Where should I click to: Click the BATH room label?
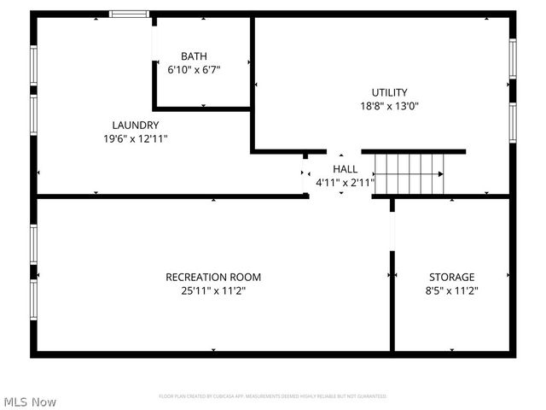click(194, 56)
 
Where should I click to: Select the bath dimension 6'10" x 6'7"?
click(194, 70)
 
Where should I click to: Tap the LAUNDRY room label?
click(135, 125)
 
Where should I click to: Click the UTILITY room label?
click(389, 92)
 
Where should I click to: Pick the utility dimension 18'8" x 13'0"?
click(389, 106)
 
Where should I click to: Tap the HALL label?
click(345, 168)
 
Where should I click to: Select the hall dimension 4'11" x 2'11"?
click(345, 182)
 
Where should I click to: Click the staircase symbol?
click(409, 173)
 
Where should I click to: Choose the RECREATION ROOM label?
click(213, 277)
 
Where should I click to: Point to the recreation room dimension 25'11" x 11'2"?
click(213, 290)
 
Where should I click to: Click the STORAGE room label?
click(451, 277)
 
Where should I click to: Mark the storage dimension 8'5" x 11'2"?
click(451, 290)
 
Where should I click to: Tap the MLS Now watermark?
click(30, 401)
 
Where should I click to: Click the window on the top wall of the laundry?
click(130, 14)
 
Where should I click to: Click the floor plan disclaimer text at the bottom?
click(273, 396)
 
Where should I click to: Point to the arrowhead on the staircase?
click(440, 173)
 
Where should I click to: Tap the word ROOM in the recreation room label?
click(246, 277)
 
